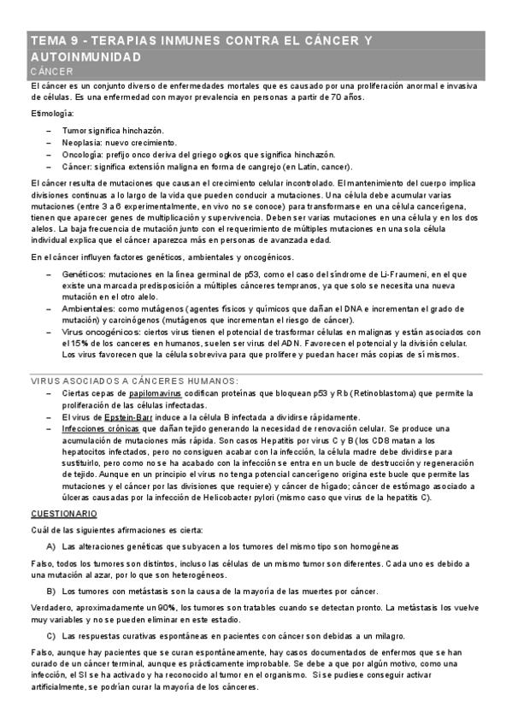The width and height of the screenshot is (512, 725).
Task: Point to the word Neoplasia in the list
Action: point(82,142)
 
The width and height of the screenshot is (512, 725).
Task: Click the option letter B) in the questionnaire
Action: point(51,591)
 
